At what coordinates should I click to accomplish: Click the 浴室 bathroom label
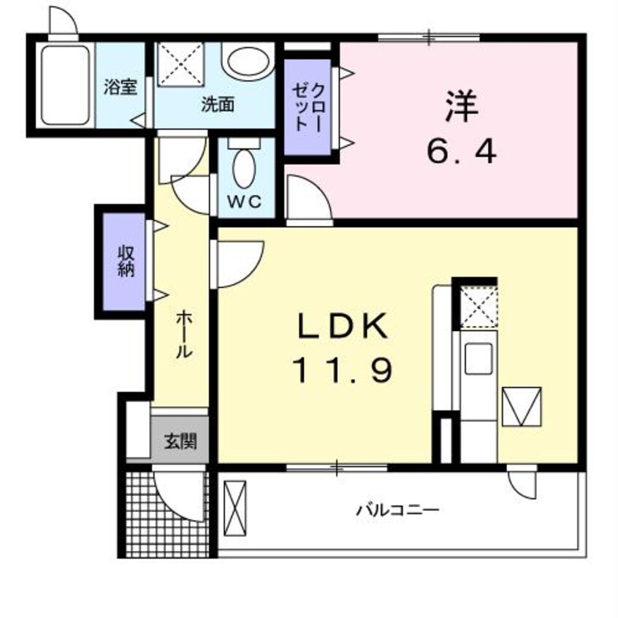(121, 87)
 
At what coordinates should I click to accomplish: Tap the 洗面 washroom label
(217, 104)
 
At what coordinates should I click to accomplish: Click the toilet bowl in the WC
(244, 168)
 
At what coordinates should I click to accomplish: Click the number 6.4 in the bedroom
(461, 153)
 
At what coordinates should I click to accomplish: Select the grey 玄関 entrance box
(179, 441)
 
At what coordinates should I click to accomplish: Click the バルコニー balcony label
(398, 510)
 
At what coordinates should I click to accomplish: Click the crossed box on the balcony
(235, 506)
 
